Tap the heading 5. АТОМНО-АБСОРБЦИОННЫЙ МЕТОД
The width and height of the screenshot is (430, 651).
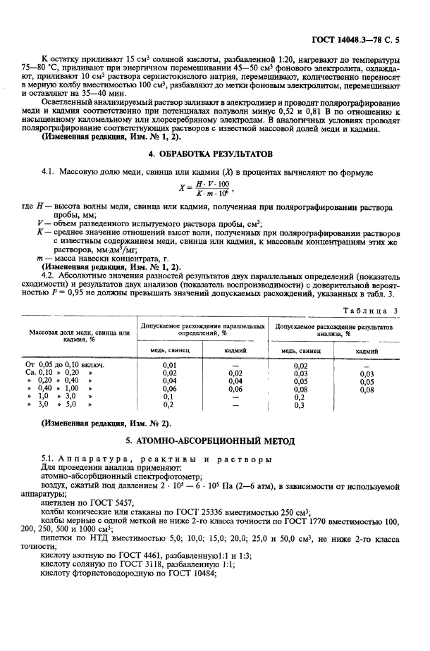(215, 440)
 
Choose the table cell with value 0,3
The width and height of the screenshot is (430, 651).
(300, 405)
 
